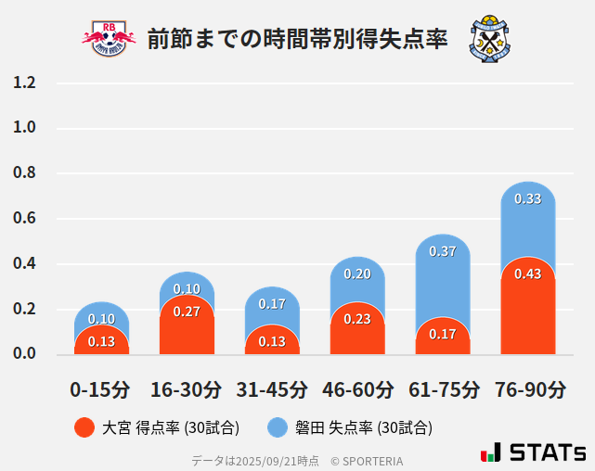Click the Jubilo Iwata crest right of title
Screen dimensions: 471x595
click(490, 38)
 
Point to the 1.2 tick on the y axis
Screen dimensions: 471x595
click(24, 83)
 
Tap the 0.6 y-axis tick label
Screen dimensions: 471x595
click(24, 219)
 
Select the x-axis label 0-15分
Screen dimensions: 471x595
click(100, 389)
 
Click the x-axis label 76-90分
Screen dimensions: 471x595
click(529, 389)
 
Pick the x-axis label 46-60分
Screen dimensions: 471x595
click(357, 389)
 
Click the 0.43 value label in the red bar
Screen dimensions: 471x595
click(528, 274)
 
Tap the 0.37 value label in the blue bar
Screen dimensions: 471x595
click(443, 251)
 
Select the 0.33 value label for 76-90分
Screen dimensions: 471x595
click(528, 198)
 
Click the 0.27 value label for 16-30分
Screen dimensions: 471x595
click(187, 312)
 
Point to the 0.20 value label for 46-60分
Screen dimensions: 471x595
click(357, 274)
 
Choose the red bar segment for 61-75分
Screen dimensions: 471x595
click(443, 337)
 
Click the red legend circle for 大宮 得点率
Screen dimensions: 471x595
click(84, 427)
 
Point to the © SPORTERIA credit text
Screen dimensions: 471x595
click(367, 460)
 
